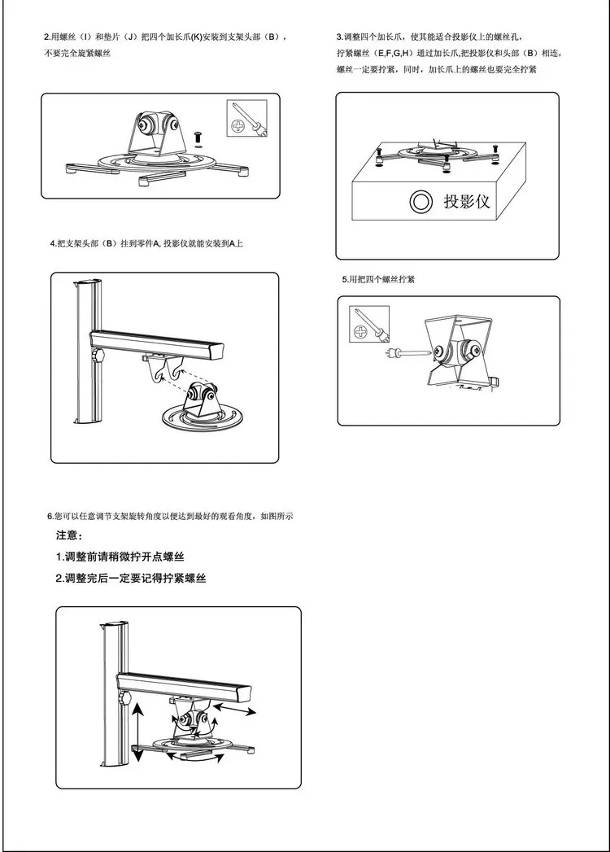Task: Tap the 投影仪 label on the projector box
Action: point(466,201)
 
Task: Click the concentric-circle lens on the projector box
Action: point(420,202)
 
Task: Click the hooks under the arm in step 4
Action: point(161,369)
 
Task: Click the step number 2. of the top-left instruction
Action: point(46,38)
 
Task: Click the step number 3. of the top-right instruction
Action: point(339,38)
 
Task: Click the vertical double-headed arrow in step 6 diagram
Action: point(138,732)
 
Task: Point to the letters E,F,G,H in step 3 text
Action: point(389,54)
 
